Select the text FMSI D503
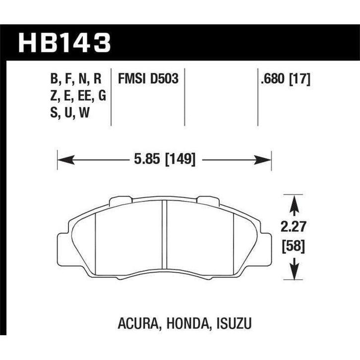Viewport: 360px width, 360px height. tap(148, 78)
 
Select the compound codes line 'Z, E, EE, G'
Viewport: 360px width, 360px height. tap(79, 96)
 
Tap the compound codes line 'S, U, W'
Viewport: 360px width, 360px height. tap(71, 113)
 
